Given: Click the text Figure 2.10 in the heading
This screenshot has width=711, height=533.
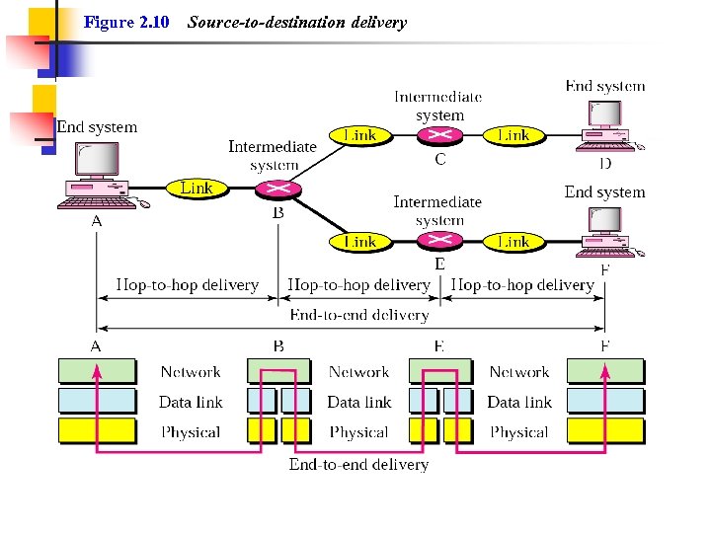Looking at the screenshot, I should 126,22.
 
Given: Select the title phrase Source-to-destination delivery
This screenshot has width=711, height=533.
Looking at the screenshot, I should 296,22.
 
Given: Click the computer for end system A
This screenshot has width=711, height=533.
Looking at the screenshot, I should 98,176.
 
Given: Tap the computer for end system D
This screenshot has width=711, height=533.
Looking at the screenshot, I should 605,123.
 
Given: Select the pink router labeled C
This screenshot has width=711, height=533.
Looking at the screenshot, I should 439,136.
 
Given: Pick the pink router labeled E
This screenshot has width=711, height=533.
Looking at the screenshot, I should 439,242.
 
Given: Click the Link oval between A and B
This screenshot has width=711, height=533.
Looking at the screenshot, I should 197,188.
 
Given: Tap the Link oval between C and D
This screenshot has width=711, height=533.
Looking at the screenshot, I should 513,135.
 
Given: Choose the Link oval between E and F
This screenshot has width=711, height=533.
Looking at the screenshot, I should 513,242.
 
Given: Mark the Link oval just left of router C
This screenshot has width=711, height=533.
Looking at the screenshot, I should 359,135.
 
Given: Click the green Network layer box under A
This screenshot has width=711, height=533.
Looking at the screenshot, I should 97,372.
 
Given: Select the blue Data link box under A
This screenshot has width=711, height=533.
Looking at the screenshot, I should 97,402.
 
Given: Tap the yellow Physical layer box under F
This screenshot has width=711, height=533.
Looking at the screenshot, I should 604,431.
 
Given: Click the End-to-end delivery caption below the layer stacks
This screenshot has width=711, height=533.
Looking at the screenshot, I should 358,464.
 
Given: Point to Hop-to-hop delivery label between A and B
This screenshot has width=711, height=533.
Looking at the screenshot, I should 187,285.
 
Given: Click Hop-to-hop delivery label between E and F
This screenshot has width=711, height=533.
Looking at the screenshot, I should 522,285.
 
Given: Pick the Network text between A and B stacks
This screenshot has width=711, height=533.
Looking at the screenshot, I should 191,372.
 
